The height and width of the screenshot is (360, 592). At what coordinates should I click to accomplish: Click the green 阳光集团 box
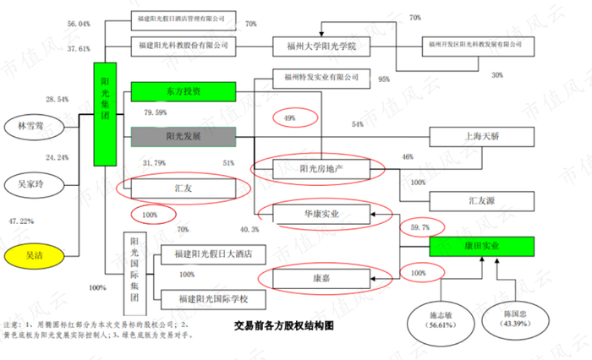(x=105, y=116)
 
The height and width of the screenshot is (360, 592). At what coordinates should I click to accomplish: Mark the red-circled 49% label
(x=289, y=117)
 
